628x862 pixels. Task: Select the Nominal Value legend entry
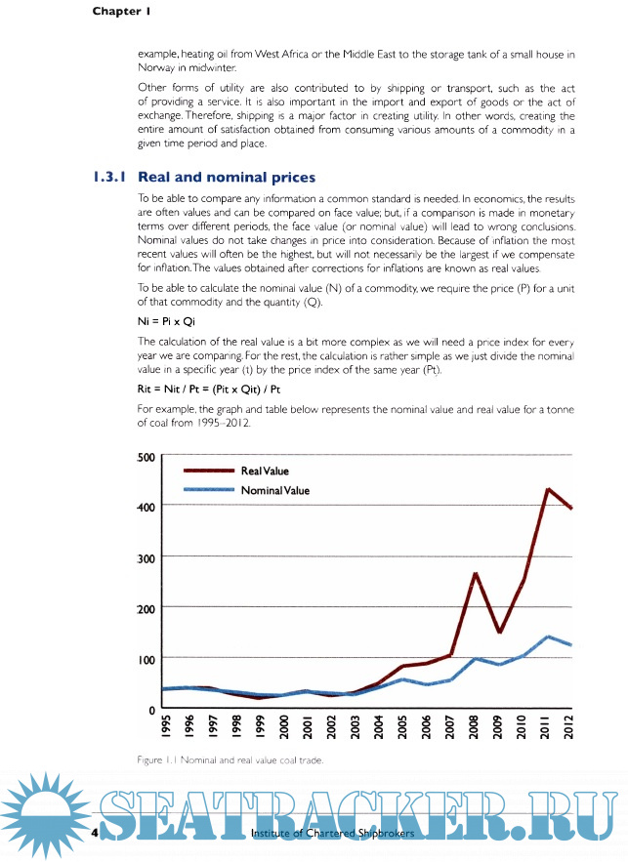pos(274,490)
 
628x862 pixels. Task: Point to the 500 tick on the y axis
pos(145,457)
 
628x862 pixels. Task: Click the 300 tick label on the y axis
pos(145,557)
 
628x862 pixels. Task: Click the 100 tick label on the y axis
pos(145,659)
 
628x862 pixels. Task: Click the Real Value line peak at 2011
pos(548,489)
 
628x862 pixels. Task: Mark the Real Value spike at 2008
pos(476,573)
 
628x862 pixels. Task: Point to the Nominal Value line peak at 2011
pos(548,636)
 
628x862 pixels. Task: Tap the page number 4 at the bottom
pos(94,834)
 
